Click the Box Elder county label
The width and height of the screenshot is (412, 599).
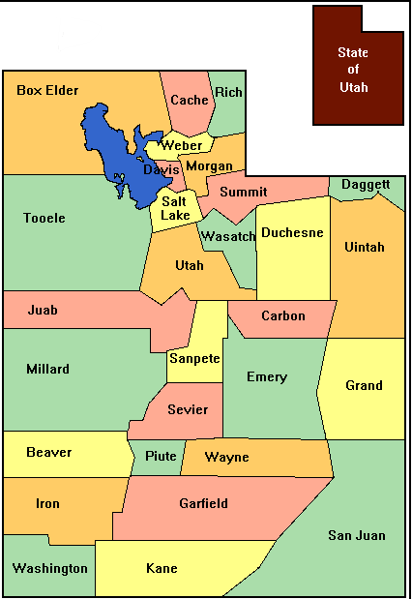47,91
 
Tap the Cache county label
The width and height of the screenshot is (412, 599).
189,100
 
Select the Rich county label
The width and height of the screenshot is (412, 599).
229,92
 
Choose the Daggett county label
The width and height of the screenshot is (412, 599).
366,184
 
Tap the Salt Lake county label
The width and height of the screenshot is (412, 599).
175,208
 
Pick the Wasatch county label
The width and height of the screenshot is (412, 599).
227,236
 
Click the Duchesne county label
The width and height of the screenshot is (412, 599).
292,232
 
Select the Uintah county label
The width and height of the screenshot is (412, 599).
365,247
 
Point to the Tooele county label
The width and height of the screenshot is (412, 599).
44,218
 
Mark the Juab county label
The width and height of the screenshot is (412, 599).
43,311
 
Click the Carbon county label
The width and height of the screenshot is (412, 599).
282,315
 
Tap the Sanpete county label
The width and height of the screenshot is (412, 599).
194,358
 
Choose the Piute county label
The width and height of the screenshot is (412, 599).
161,456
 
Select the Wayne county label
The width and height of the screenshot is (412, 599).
227,456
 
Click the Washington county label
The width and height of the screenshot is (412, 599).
50,568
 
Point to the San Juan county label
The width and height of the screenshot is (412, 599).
356,535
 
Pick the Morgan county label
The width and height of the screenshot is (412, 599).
209,166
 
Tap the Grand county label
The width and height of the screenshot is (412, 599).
364,385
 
